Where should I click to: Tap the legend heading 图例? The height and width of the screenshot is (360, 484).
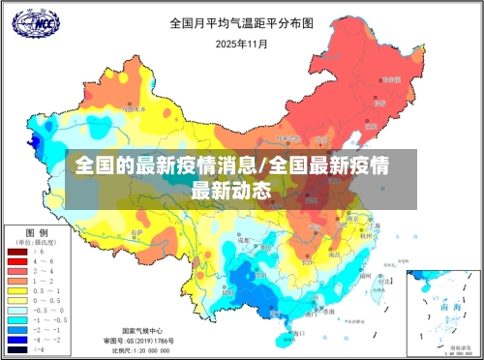point(37,233)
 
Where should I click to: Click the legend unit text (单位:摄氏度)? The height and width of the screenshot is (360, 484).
point(37,243)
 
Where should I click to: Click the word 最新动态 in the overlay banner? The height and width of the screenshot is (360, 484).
point(231,190)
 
